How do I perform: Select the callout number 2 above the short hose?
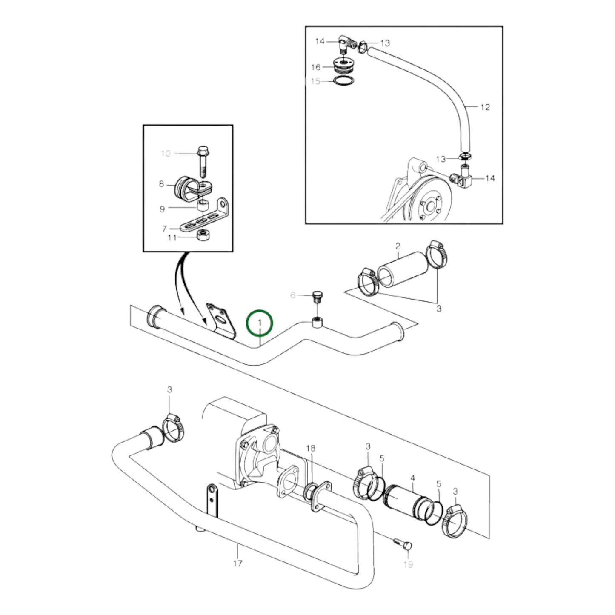pyautogui.click(x=398, y=246)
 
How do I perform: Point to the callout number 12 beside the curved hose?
pyautogui.click(x=485, y=107)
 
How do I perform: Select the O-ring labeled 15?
pyautogui.click(x=343, y=81)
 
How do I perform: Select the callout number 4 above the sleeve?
pyautogui.click(x=412, y=478)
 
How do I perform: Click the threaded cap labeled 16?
pyautogui.click(x=343, y=68)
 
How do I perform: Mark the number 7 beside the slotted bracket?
pyautogui.click(x=165, y=229)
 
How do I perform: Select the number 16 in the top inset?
pyautogui.click(x=315, y=67)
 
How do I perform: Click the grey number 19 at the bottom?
pyautogui.click(x=408, y=564)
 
